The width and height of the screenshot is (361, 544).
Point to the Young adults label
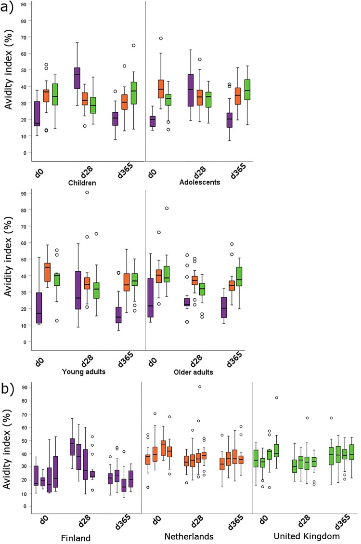pyautogui.click(x=81, y=372)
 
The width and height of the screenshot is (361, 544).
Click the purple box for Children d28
pyautogui.click(x=77, y=78)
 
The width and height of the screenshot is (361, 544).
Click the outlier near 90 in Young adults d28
pyautogui.click(x=87, y=192)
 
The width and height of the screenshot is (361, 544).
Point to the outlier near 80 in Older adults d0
pyautogui.click(x=180, y=208)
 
